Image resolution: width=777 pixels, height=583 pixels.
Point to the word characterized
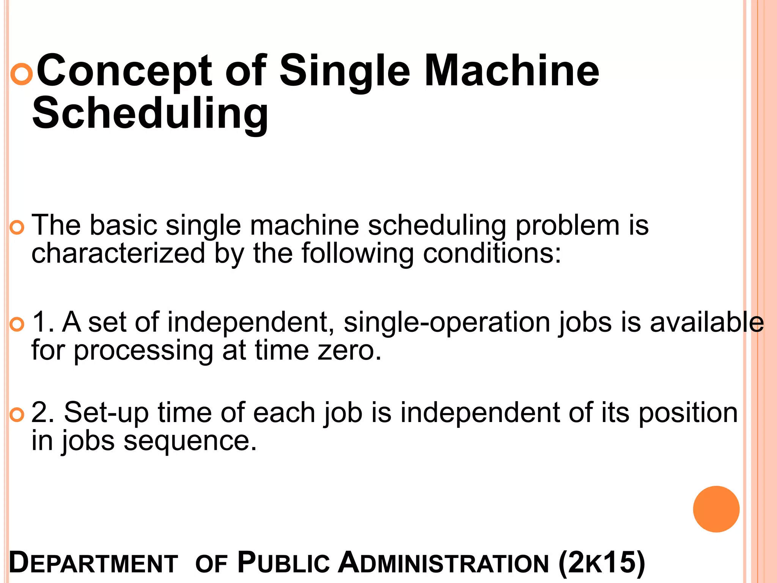pyautogui.click(x=118, y=253)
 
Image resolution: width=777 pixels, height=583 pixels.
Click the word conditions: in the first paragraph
pyautogui.click(x=492, y=253)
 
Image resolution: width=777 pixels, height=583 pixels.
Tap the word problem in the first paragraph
pyautogui.click(x=567, y=225)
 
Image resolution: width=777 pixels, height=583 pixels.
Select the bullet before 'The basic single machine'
pyautogui.click(x=17, y=228)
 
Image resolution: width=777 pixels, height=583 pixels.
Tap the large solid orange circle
pyautogui.click(x=716, y=509)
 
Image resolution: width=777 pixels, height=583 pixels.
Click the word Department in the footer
pyautogui.click(x=93, y=563)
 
